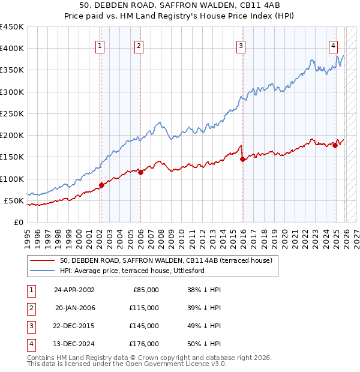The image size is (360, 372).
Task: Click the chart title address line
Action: pyautogui.click(x=179, y=6)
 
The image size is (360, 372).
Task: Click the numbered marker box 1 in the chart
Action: pyautogui.click(x=100, y=45)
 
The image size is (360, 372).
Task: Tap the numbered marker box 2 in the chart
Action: pyautogui.click(x=139, y=45)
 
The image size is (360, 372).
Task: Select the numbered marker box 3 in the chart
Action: pyautogui.click(x=241, y=45)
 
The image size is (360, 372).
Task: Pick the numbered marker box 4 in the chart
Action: pyautogui.click(x=333, y=45)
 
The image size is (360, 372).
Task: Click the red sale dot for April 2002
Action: pyautogui.click(x=101, y=185)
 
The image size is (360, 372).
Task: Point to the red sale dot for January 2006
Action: pyautogui.click(x=140, y=172)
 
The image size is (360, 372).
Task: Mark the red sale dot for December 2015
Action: pyautogui.click(x=242, y=159)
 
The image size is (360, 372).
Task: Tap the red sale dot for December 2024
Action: pyautogui.click(x=335, y=146)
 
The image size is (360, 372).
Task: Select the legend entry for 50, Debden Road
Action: pyautogui.click(x=166, y=261)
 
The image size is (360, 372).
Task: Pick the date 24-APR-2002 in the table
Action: pyautogui.click(x=74, y=290)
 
